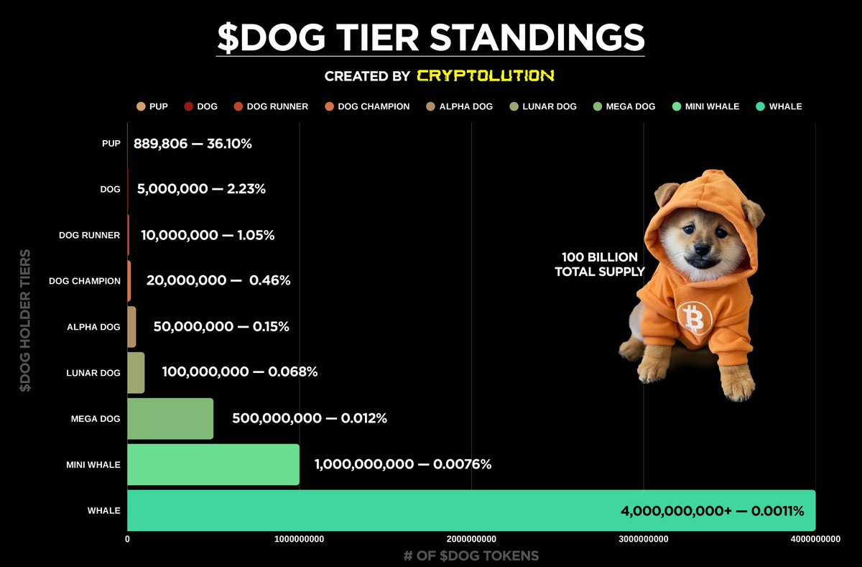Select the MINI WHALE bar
[213, 464]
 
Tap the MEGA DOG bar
[170, 418]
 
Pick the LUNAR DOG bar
[136, 372]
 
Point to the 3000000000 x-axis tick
[643, 539]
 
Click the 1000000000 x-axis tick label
[300, 539]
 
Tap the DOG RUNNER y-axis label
[89, 235]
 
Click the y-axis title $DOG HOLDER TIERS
[26, 321]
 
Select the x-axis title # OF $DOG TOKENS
[471, 556]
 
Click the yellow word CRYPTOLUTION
[486, 75]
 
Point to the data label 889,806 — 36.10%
[193, 144]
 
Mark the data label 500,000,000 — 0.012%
[310, 418]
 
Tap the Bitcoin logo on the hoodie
[694, 317]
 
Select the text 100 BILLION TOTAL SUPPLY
[600, 264]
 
